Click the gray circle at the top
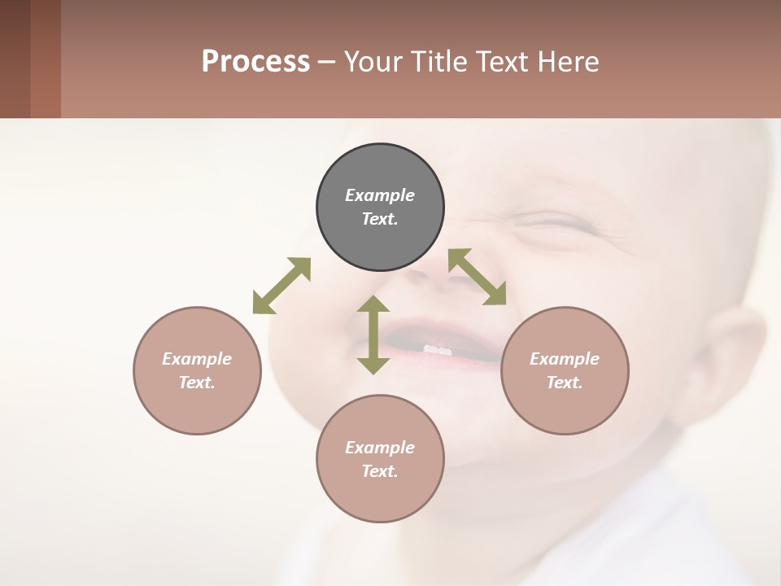(x=380, y=208)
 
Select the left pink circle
(x=197, y=370)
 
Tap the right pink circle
(x=565, y=370)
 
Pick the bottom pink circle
(x=380, y=459)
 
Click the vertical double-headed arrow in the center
(x=373, y=335)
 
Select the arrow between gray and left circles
(x=281, y=286)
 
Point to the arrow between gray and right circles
(x=478, y=277)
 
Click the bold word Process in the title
(x=255, y=61)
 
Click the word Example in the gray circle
(x=380, y=195)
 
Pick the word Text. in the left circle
(x=197, y=383)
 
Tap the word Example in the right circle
(x=565, y=359)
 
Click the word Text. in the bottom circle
(x=380, y=471)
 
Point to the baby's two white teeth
(x=438, y=350)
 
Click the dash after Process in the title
(x=326, y=62)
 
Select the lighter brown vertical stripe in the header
(x=46, y=59)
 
